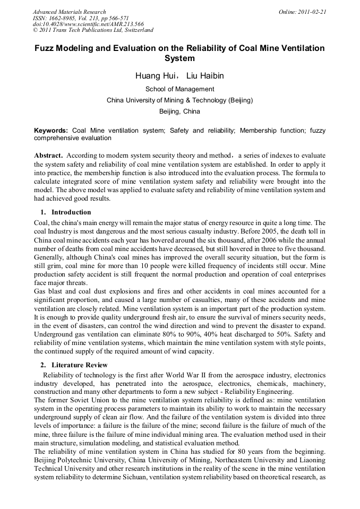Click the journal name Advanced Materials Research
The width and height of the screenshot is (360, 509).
[69, 12]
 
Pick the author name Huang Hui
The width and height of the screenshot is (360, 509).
[153, 76]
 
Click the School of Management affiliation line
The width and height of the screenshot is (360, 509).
[179, 89]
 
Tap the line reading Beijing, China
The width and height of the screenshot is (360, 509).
[179, 111]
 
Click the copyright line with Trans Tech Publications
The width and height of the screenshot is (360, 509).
[93, 31]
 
